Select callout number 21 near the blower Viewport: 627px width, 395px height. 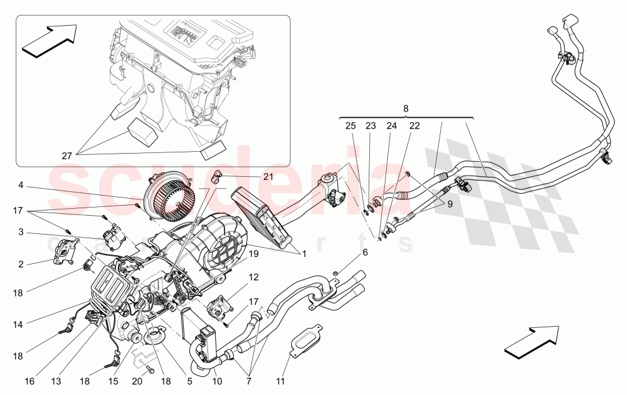coord(268,177)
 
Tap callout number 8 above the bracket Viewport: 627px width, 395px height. coord(406,109)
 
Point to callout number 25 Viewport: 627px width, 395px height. coord(350,126)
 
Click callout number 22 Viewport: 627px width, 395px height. coord(414,126)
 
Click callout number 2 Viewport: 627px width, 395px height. coord(20,264)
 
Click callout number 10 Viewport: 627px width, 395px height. coord(217,380)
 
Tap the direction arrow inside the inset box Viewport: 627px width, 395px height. coord(49,41)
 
